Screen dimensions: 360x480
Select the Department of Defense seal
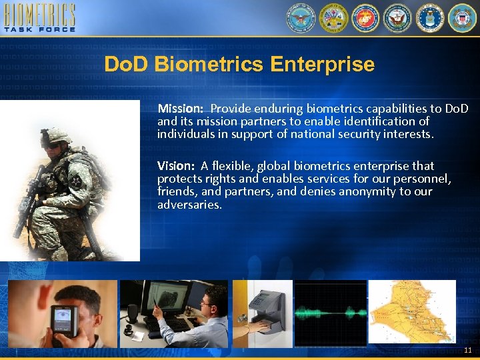[x=299, y=18]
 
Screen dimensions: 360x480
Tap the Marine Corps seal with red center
[x=365, y=18]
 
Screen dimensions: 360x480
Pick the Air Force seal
[x=430, y=18]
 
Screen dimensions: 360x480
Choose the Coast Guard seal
[x=462, y=18]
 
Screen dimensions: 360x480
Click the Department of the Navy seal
[x=397, y=18]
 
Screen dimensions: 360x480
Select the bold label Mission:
[x=180, y=108]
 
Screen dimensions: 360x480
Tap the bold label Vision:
[x=176, y=165]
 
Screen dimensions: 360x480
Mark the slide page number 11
[x=467, y=350]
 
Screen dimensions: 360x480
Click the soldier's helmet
[x=55, y=135]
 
